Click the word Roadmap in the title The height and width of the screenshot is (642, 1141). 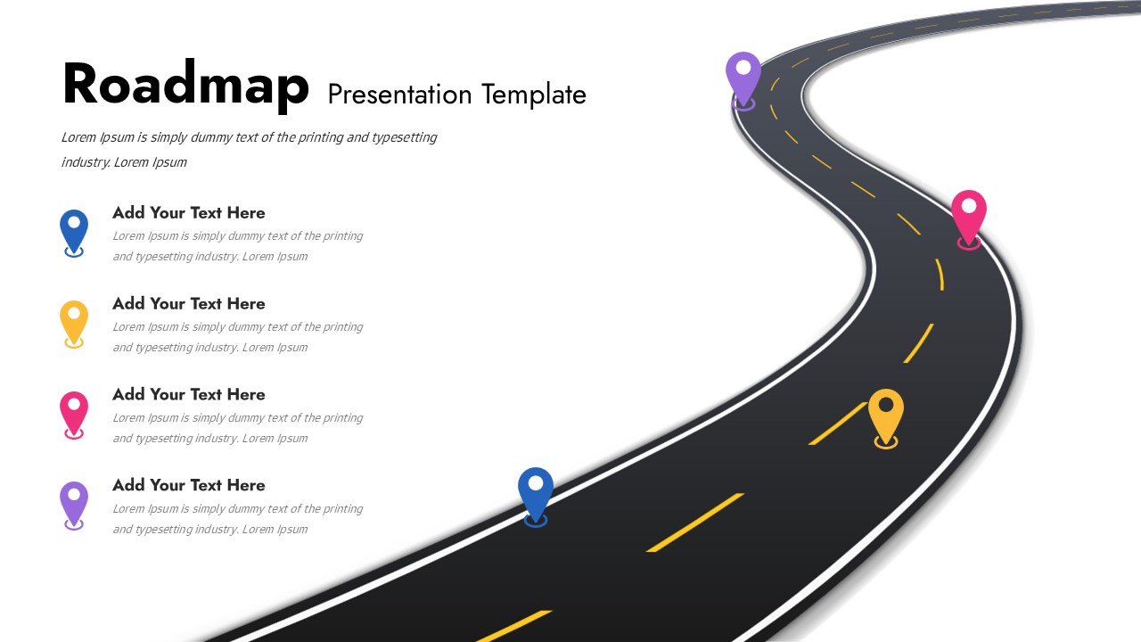[185, 85]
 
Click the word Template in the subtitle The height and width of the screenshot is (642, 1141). [534, 95]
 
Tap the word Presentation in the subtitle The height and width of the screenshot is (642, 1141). [400, 95]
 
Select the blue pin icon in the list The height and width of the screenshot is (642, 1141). [74, 231]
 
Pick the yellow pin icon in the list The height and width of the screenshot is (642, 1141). [74, 322]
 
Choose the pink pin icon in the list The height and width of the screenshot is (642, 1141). [74, 413]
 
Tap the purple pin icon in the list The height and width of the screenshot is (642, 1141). [74, 504]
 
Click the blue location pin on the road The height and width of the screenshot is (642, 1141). [536, 493]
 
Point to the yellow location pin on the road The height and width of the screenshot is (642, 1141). [885, 415]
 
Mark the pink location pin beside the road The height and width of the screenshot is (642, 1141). [969, 216]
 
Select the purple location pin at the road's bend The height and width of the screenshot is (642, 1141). [743, 78]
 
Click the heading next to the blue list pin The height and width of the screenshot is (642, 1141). [189, 213]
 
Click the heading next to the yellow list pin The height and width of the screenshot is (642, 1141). [189, 304]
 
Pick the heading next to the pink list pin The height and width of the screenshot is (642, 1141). [189, 395]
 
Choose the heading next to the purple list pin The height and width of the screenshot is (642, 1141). [189, 486]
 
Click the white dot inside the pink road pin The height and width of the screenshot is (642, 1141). [969, 206]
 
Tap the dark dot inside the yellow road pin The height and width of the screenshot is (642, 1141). [885, 405]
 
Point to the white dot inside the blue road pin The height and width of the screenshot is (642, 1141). [536, 483]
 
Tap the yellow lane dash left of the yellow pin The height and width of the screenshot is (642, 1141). [837, 424]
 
